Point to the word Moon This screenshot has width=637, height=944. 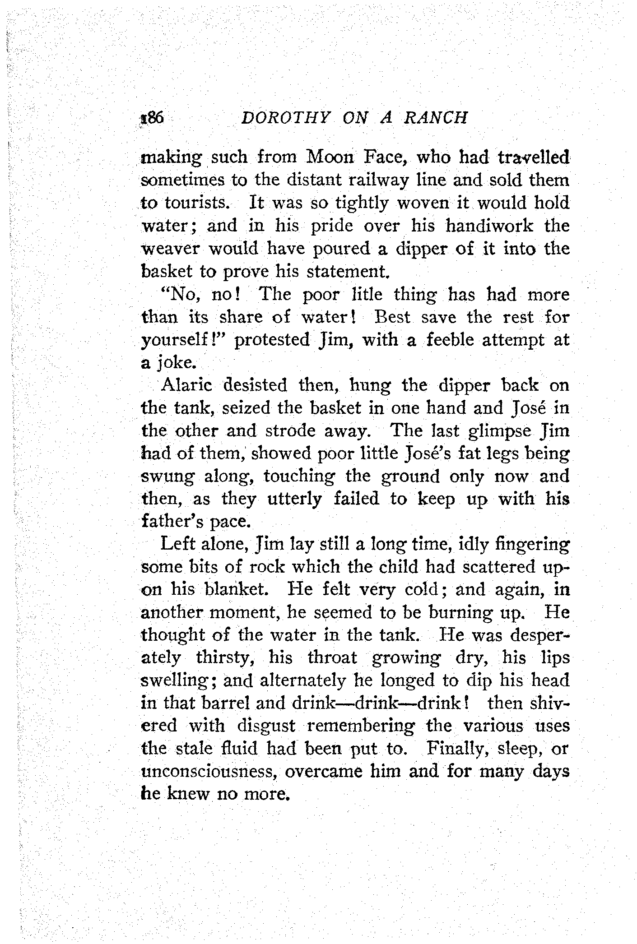pos(328,157)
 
